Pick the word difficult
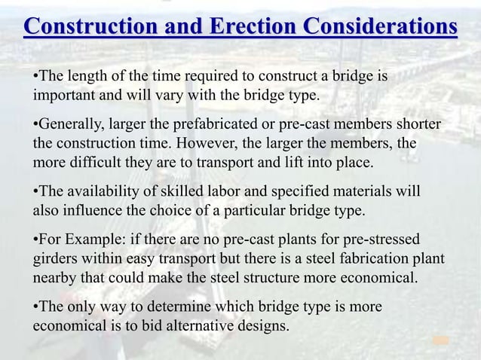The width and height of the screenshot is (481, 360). point(96,162)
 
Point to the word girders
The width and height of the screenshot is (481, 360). point(55,260)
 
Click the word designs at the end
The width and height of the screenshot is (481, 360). point(266,328)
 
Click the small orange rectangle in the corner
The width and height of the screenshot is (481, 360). point(441,341)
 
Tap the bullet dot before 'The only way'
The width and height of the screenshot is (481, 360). point(35,309)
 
